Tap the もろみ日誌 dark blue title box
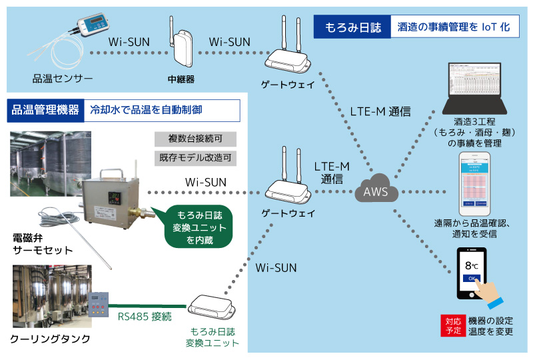(352, 27)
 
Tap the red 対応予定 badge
(452, 324)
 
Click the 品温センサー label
(63, 79)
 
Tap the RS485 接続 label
(144, 317)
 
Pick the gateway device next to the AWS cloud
(287, 188)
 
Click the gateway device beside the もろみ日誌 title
(287, 59)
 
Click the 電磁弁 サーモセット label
(42, 243)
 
